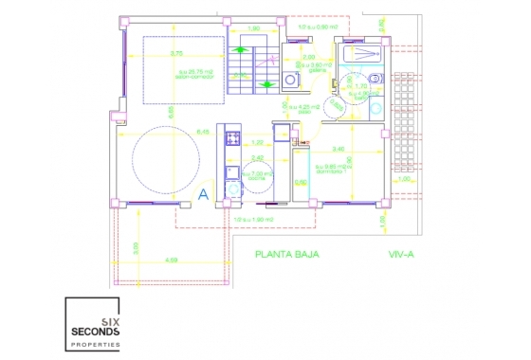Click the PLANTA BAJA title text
(x=287, y=254)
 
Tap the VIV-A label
(x=404, y=254)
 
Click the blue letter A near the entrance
(x=202, y=194)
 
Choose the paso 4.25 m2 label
(x=305, y=107)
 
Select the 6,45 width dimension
(x=175, y=132)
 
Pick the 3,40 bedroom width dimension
(x=339, y=149)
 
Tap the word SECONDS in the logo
(x=95, y=331)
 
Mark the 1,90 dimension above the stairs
(x=253, y=28)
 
